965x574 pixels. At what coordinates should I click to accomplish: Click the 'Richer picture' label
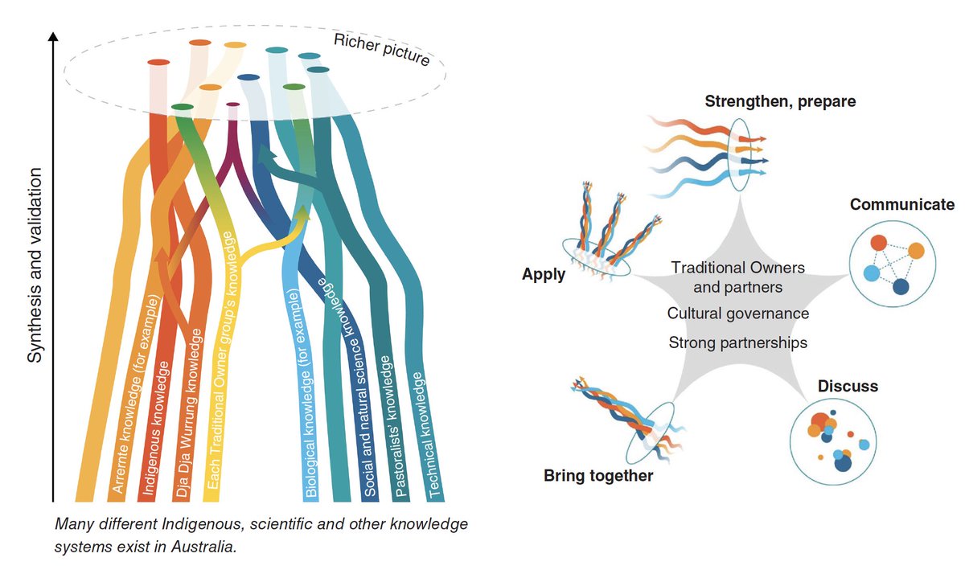click(382, 51)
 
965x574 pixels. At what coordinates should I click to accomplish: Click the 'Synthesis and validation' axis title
click(35, 265)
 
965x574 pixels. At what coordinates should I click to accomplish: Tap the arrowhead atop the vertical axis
click(53, 37)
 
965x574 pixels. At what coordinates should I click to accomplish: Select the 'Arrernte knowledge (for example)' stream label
click(136, 394)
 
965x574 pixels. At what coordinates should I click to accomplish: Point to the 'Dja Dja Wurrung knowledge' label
click(189, 413)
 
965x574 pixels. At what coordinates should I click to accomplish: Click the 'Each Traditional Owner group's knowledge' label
click(222, 360)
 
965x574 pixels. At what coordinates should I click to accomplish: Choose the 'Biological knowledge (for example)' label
click(303, 393)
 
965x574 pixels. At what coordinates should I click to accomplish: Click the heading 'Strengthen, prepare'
click(780, 101)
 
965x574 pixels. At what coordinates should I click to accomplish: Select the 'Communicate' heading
click(902, 204)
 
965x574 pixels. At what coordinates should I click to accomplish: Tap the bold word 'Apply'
click(544, 274)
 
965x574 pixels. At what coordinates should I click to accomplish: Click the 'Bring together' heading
click(598, 475)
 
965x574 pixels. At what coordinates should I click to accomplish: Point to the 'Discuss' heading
click(848, 386)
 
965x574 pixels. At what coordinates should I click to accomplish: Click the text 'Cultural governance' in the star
click(738, 314)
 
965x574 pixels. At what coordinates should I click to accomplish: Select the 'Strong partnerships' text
click(738, 342)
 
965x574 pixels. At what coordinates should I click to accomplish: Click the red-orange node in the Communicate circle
click(878, 243)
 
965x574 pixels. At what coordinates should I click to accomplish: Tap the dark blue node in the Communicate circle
click(901, 287)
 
